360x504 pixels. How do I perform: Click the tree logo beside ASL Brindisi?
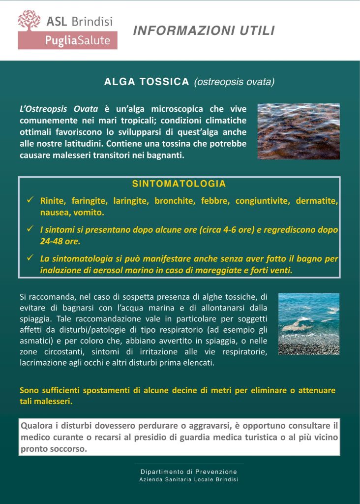click(29, 21)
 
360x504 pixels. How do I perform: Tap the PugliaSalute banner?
click(67, 40)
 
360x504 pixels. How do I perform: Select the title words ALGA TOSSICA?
click(147, 82)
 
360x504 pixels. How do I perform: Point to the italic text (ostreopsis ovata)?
click(234, 82)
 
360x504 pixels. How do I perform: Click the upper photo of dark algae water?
click(299, 131)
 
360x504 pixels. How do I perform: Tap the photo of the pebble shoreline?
click(308, 323)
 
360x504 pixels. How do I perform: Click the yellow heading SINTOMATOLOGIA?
click(179, 184)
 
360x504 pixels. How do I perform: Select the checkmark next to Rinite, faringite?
click(30, 199)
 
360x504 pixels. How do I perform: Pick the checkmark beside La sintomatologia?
click(30, 257)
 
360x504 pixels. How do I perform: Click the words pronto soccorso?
click(54, 449)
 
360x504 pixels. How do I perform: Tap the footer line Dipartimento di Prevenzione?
click(189, 472)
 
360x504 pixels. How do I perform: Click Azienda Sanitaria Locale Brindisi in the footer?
click(189, 479)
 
